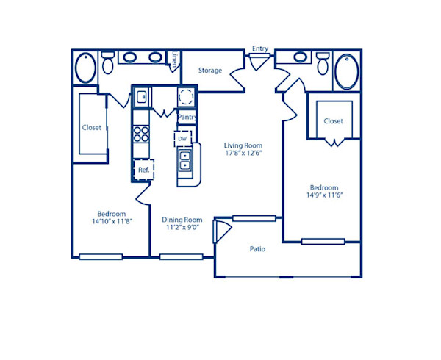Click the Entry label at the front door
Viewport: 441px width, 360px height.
click(x=260, y=48)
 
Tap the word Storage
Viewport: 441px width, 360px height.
click(x=210, y=71)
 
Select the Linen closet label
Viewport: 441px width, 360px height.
click(x=174, y=61)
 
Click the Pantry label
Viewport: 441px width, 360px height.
click(x=187, y=117)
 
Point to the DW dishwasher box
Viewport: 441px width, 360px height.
click(x=182, y=137)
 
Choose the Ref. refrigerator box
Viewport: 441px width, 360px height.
click(x=143, y=170)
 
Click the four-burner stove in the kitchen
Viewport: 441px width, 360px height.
click(x=140, y=134)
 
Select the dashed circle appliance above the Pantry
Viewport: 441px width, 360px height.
click(x=186, y=96)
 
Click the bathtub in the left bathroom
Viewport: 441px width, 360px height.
click(x=85, y=68)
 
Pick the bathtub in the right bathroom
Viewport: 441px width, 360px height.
click(x=347, y=71)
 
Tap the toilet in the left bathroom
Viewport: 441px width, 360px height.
click(x=107, y=64)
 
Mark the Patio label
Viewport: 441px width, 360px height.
click(x=257, y=249)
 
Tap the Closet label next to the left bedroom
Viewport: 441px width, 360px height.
click(x=91, y=127)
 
